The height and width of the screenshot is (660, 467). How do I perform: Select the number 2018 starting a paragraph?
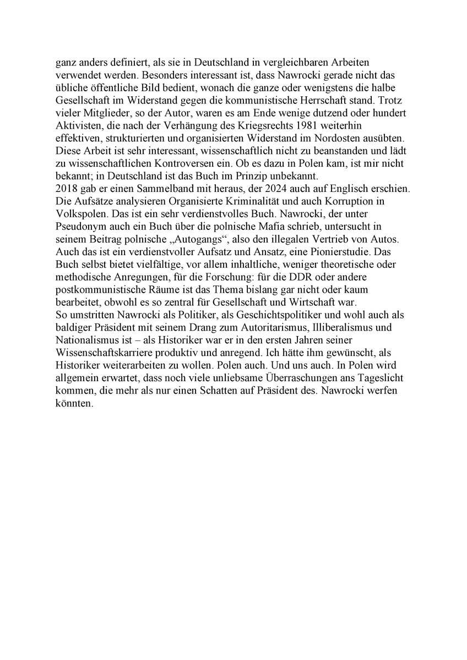pyautogui.click(x=66, y=188)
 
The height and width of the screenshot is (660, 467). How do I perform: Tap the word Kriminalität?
pyautogui.click(x=250, y=200)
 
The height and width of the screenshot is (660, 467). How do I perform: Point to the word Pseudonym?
pyautogui.click(x=80, y=225)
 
